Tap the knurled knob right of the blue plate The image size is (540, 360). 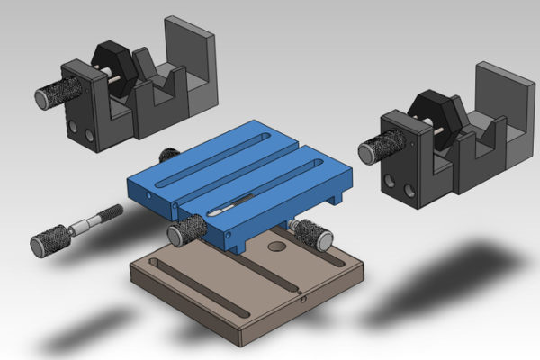(x=314, y=233)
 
